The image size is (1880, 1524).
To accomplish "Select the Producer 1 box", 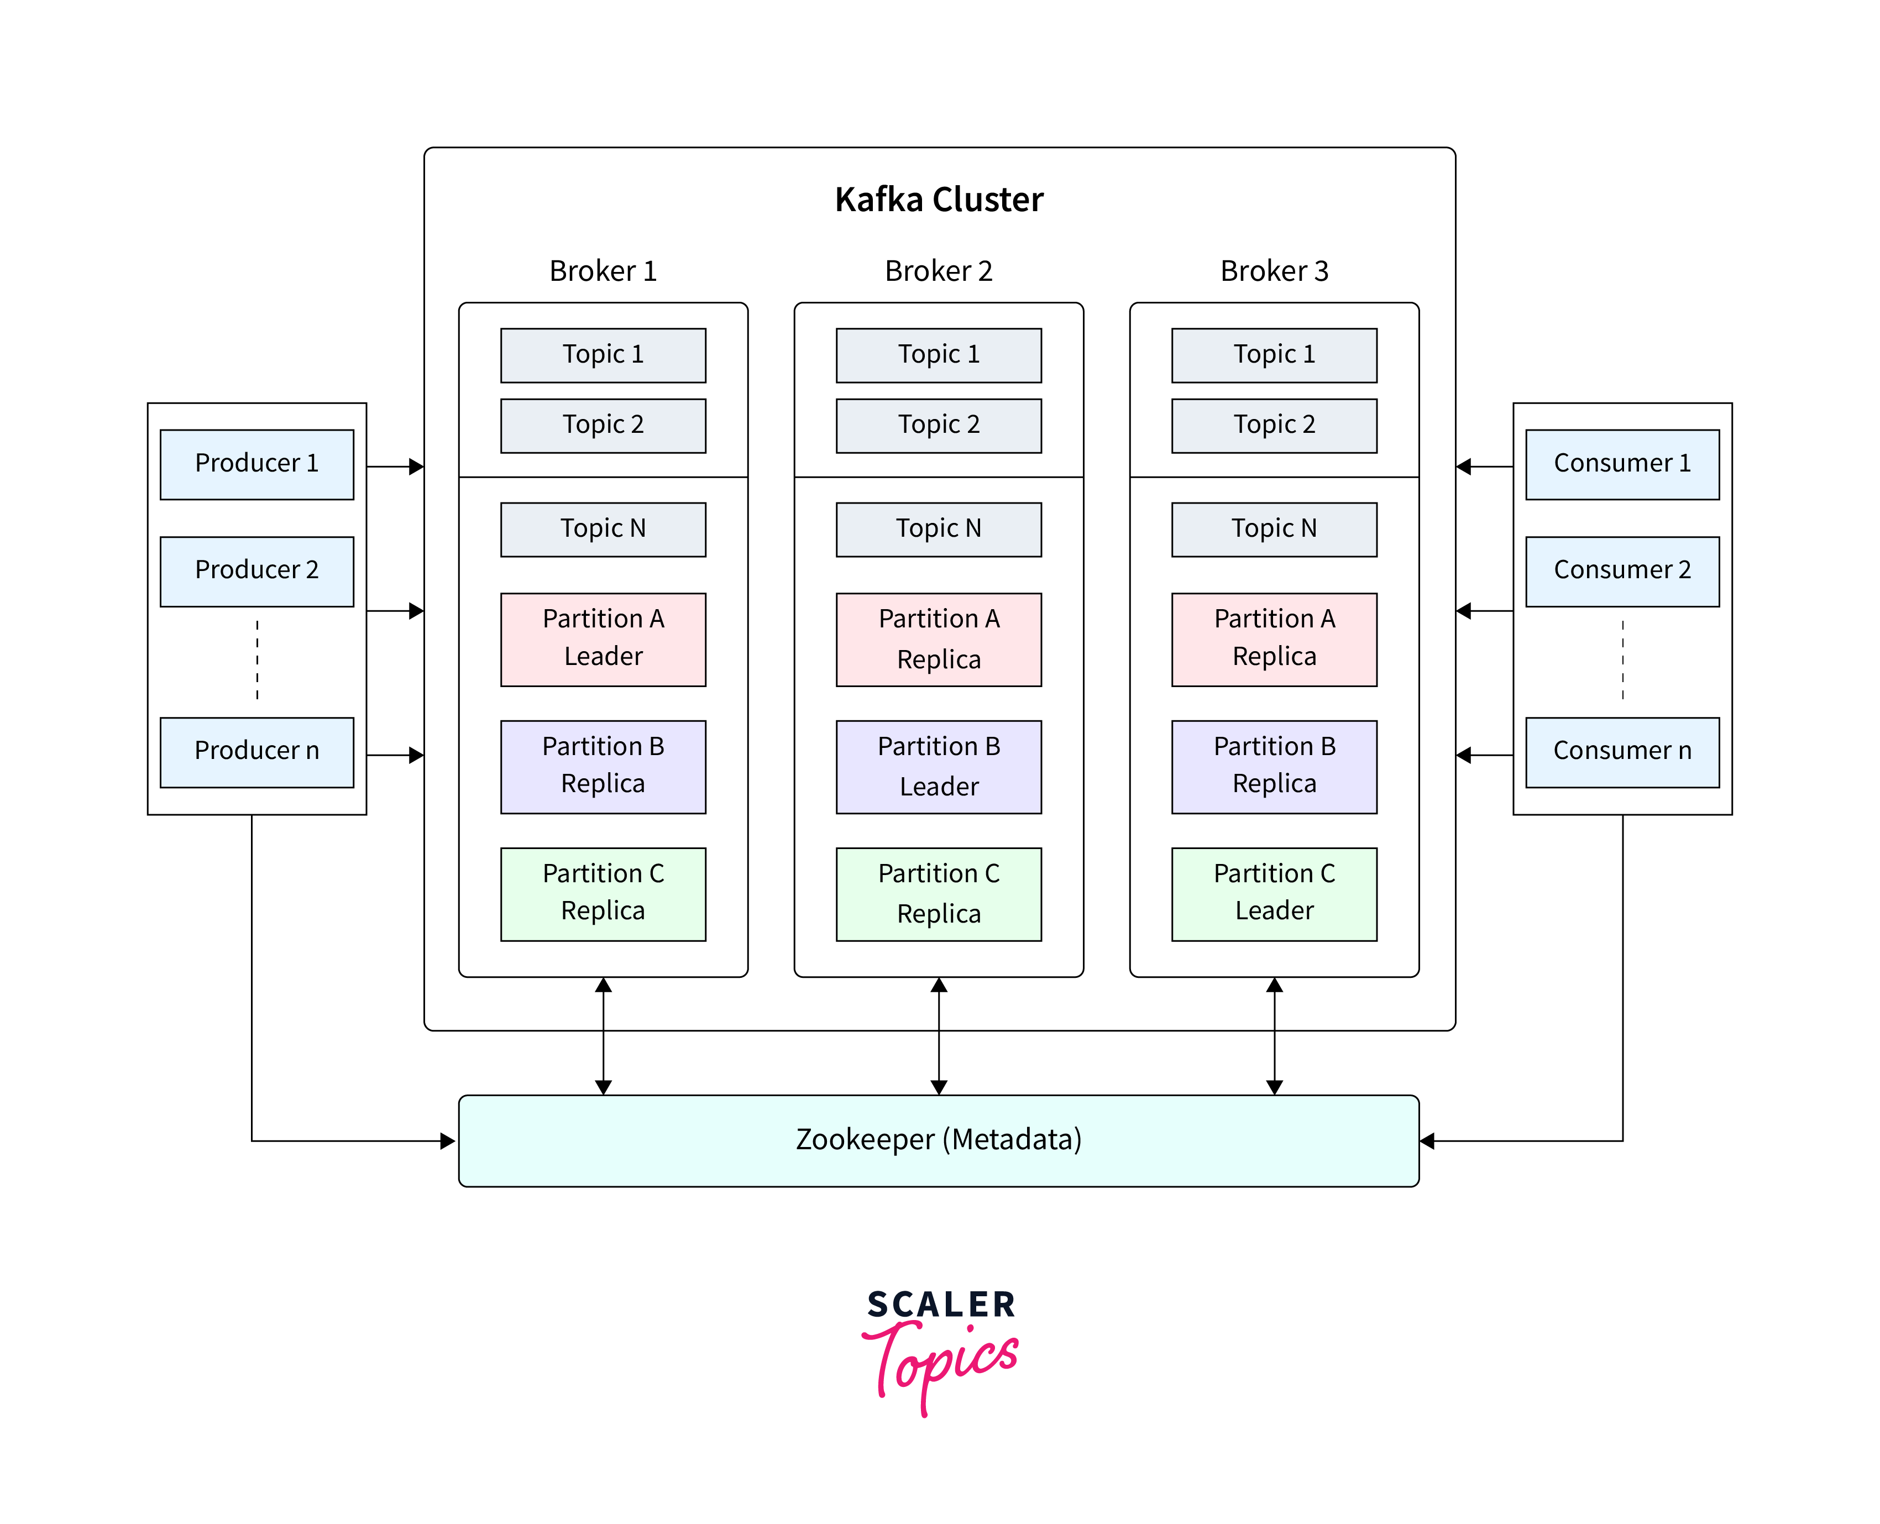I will (x=256, y=464).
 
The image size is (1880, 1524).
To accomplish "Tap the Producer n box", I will (x=256, y=751).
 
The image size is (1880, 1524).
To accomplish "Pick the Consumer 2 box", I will (x=1621, y=570).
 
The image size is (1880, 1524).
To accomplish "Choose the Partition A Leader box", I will (x=603, y=638).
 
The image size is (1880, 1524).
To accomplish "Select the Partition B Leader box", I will (x=938, y=766).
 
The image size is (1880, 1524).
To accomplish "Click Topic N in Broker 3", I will (x=1274, y=528).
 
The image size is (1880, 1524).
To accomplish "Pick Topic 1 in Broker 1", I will (x=603, y=355).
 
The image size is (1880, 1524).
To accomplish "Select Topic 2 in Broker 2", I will (x=938, y=425).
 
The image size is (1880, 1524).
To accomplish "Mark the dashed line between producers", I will (x=257, y=660).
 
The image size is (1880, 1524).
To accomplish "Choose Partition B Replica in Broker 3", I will (x=1274, y=766).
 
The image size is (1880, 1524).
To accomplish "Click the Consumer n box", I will (x=1621, y=751).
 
